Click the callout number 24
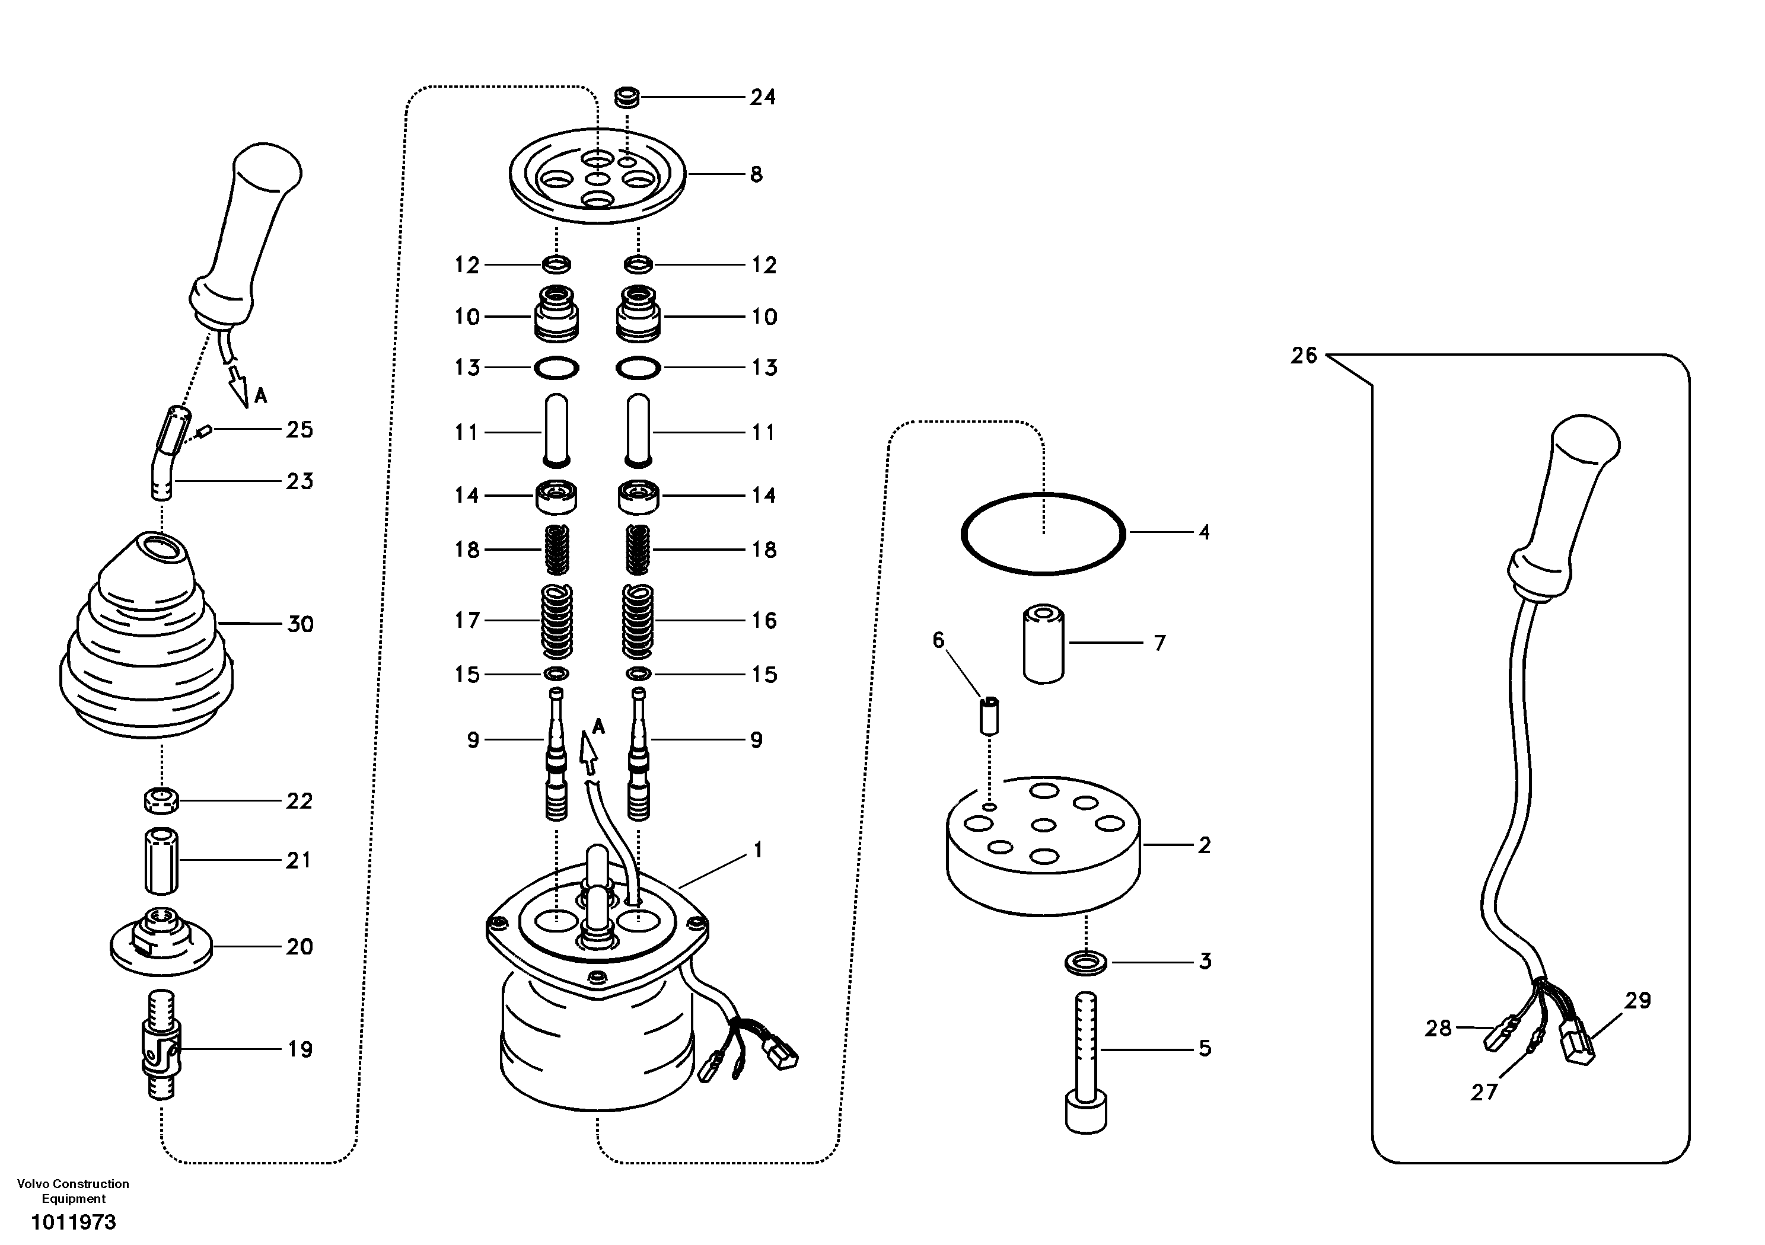pyautogui.click(x=763, y=98)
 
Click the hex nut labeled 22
pyautogui.click(x=161, y=800)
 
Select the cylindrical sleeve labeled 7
pyautogui.click(x=1043, y=643)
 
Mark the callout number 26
pyautogui.click(x=1304, y=356)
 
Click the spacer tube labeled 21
pyautogui.click(x=161, y=860)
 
